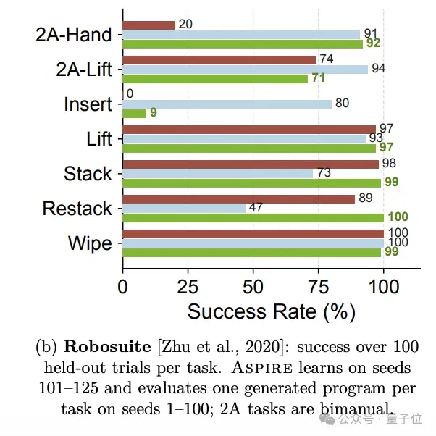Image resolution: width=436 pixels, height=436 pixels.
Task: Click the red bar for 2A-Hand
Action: click(148, 25)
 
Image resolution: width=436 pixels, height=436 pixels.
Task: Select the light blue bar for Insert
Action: click(227, 104)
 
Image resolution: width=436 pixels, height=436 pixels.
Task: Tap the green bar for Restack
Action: click(253, 218)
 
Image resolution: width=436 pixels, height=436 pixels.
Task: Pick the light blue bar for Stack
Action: click(218, 174)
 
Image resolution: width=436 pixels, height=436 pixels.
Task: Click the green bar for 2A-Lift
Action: click(215, 79)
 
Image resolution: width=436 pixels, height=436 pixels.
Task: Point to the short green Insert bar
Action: click(134, 114)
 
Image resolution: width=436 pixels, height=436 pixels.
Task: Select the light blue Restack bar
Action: click(184, 209)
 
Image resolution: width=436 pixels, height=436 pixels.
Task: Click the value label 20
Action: click(185, 24)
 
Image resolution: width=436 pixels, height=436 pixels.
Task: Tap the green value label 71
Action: click(319, 77)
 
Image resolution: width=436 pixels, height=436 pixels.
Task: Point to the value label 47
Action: click(256, 207)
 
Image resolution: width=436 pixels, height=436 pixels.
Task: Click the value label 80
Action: click(343, 103)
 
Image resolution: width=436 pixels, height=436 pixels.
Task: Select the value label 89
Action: click(366, 198)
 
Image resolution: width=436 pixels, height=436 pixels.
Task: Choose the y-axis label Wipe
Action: click(90, 243)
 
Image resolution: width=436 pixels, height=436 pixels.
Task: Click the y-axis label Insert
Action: click(88, 104)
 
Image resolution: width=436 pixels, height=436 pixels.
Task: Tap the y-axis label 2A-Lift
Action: click(84, 70)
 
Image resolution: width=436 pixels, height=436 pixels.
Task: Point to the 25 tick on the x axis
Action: click(188, 287)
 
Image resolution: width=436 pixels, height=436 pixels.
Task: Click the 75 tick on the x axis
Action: click(319, 287)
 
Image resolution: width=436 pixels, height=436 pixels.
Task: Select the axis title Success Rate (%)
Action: click(271, 312)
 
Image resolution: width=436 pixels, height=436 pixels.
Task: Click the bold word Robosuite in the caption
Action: click(107, 347)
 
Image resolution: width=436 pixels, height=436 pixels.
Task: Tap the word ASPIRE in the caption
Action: click(262, 368)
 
